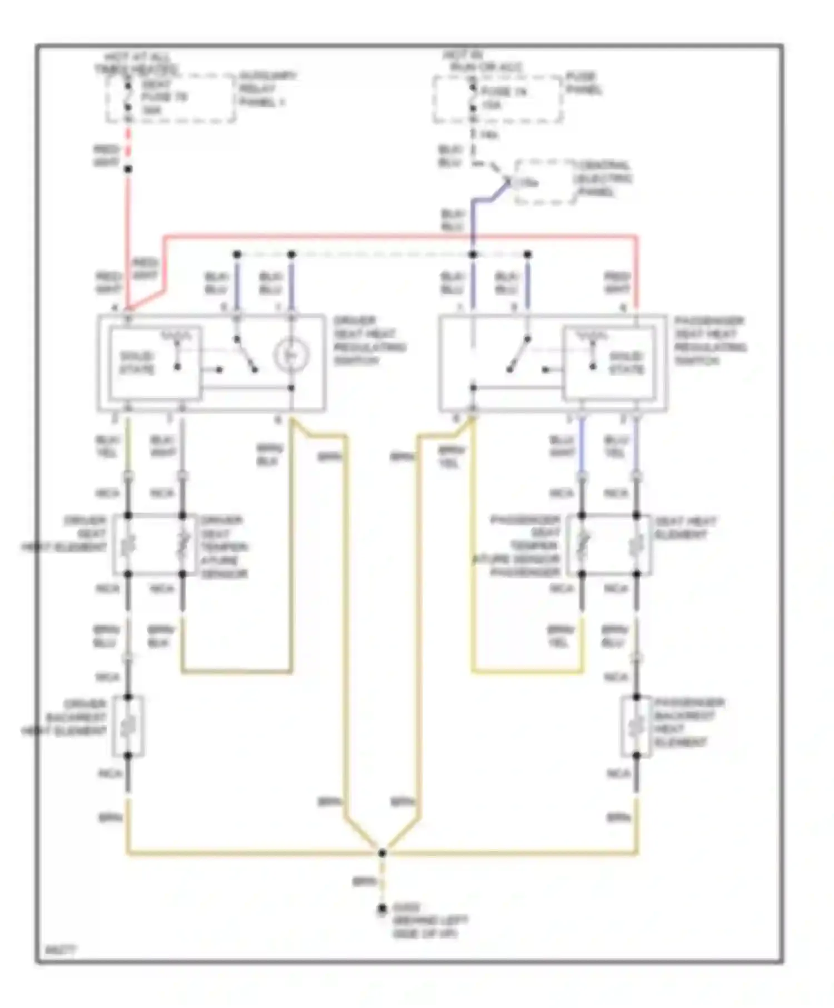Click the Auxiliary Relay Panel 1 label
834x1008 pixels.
268,89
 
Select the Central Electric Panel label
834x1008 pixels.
603,178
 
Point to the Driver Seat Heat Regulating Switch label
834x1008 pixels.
369,340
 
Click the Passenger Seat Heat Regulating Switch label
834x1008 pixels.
710,340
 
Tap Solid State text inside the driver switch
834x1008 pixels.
137,362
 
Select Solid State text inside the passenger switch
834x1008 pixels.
627,362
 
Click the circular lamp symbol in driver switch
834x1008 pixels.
291,355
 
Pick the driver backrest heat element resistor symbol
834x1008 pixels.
128,726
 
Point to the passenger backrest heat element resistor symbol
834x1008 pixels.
637,726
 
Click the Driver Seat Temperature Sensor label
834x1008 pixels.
224,547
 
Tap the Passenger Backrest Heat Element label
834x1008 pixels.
688,722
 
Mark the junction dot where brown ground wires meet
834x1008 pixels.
382,852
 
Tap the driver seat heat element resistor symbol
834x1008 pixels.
128,545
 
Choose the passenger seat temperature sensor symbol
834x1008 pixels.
582,545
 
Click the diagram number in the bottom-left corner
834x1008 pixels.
61,950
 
